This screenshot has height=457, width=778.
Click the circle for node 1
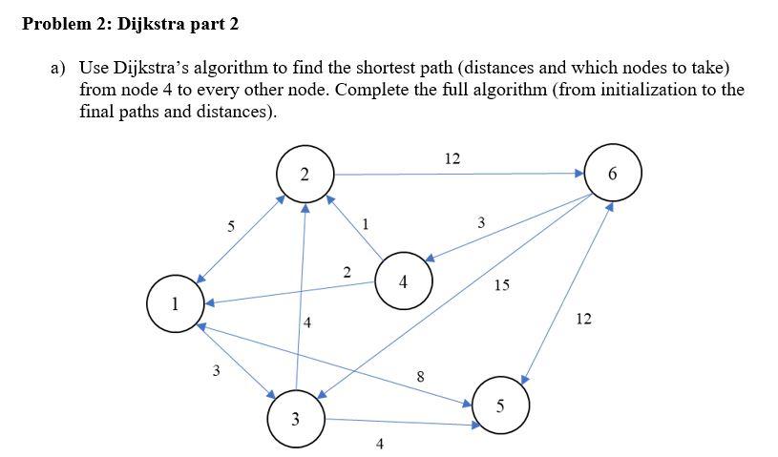pos(174,304)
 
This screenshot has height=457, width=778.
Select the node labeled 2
pos(304,175)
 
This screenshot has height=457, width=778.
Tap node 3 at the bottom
pos(296,418)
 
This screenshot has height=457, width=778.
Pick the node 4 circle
pos(404,282)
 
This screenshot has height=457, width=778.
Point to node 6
pos(612,175)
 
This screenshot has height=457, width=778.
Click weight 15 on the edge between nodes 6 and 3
pos(502,285)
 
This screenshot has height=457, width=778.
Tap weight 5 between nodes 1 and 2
pos(229,226)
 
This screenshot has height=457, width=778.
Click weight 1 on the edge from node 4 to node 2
pos(366,224)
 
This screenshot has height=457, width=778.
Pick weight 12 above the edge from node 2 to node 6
pos(452,158)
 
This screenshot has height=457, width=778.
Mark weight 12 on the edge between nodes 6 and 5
pos(584,319)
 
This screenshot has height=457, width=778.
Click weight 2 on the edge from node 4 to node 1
pos(347,272)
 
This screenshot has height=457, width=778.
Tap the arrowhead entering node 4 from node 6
pos(431,258)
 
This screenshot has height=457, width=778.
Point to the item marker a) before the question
pos(58,69)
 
